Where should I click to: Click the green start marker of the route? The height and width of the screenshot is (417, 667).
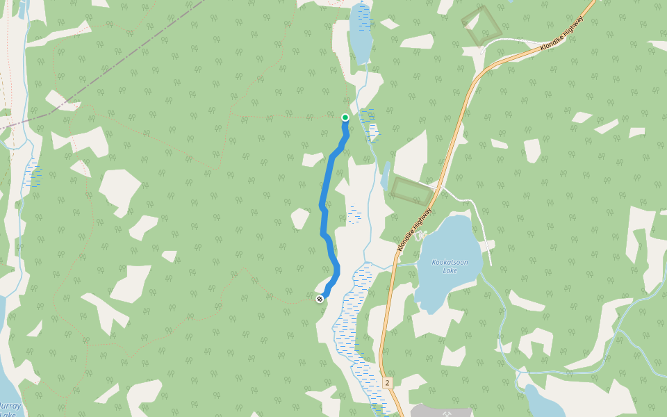[345, 117]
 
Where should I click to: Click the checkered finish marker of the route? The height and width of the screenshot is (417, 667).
[320, 299]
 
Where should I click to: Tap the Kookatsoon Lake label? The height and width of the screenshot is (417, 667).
[445, 266]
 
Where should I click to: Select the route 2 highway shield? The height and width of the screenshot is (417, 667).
[387, 383]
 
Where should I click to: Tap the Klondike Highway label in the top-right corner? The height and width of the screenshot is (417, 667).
[561, 33]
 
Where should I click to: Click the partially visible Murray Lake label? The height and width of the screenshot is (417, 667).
[10, 409]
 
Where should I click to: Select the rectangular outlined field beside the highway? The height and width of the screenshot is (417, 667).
[411, 190]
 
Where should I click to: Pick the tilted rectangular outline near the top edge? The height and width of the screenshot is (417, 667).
[481, 26]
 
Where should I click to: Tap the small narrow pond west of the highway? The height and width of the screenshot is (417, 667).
[385, 177]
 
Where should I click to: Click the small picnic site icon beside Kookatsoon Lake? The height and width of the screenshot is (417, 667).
[419, 236]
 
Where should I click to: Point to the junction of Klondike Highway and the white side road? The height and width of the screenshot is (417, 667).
[438, 186]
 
